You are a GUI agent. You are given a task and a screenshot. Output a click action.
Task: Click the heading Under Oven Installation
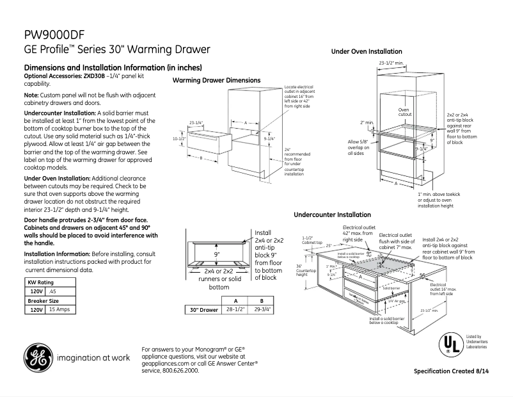point(367,51)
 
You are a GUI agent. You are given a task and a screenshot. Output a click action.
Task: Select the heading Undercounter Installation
point(332,215)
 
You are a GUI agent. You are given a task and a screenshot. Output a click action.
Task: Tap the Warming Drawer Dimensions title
point(216,80)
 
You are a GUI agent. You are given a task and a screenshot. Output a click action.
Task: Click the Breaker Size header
point(43,300)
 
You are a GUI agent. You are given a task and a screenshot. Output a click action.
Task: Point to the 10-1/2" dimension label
point(180,138)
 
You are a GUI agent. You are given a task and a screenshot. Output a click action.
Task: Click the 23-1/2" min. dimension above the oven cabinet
point(390,63)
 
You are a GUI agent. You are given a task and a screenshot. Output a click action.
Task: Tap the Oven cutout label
point(404,113)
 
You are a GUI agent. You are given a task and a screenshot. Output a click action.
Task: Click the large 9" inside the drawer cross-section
point(217,255)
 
